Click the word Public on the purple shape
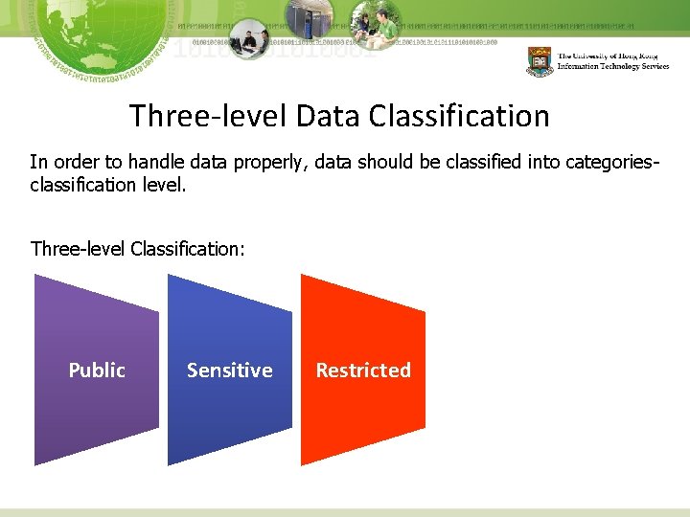[97, 371]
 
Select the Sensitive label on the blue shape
[229, 371]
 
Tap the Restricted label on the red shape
[363, 371]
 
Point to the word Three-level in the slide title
[208, 117]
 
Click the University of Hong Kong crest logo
[540, 61]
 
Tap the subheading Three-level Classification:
[138, 249]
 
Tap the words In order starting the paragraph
[60, 163]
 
